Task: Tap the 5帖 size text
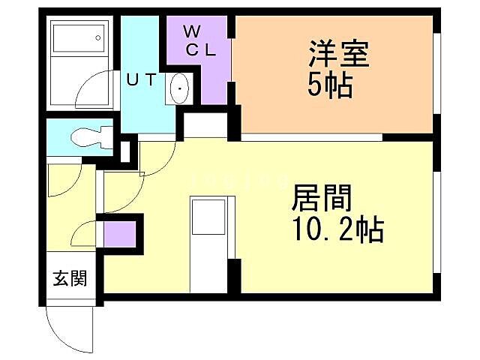click(x=330, y=86)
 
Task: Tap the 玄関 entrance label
click(x=69, y=279)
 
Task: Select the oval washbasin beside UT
click(x=180, y=91)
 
